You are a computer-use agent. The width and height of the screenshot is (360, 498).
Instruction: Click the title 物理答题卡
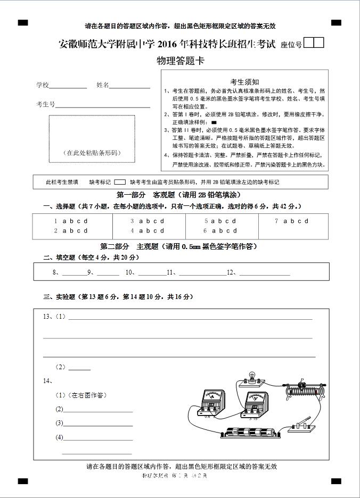pyautogui.click(x=180, y=61)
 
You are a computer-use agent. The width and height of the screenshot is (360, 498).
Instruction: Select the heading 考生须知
pyautogui.click(x=244, y=82)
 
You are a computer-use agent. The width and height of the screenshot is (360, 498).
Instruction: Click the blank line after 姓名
pyautogui.click(x=129, y=87)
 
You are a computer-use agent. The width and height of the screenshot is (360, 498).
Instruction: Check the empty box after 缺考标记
pyautogui.click(x=120, y=182)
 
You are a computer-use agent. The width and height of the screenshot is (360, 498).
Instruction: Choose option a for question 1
pyautogui.click(x=64, y=221)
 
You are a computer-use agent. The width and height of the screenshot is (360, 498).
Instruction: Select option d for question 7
pyautogui.click(x=306, y=221)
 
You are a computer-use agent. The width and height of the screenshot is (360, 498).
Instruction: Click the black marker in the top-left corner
pyautogui.click(x=23, y=22)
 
